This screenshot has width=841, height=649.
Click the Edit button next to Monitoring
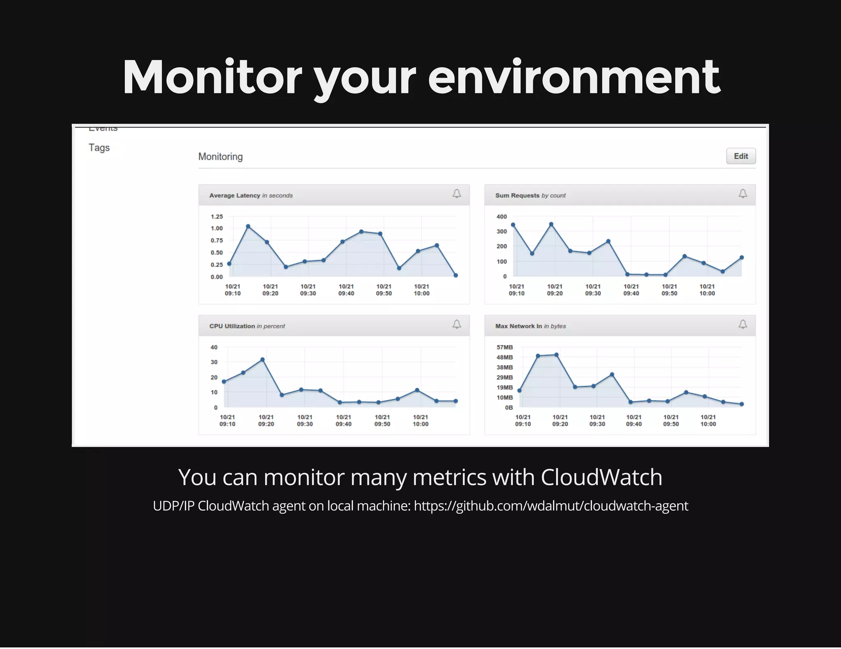[x=740, y=156]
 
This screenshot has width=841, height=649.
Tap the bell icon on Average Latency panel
[x=457, y=194]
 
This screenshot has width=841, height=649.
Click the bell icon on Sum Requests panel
[x=742, y=194]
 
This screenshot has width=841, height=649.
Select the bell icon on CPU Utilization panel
[x=457, y=324]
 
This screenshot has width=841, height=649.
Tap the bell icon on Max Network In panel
[x=742, y=324]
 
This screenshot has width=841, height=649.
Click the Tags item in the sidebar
[x=99, y=148]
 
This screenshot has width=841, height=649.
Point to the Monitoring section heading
[x=220, y=157]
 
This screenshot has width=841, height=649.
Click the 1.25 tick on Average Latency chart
[x=216, y=217]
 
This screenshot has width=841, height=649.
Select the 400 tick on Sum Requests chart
[x=501, y=217]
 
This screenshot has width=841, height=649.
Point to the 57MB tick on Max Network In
[x=504, y=347]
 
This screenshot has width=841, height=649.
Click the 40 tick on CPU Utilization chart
[x=214, y=347]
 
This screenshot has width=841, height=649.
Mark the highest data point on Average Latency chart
[x=248, y=226]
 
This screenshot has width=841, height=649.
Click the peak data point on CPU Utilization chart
[x=262, y=360]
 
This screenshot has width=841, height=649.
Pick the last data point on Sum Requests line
[x=742, y=258]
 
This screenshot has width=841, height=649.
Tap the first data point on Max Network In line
[x=519, y=391]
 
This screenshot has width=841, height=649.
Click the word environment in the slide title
[x=574, y=78]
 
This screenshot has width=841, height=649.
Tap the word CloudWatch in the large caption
[x=601, y=478]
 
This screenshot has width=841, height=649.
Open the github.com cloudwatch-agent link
[x=551, y=506]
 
